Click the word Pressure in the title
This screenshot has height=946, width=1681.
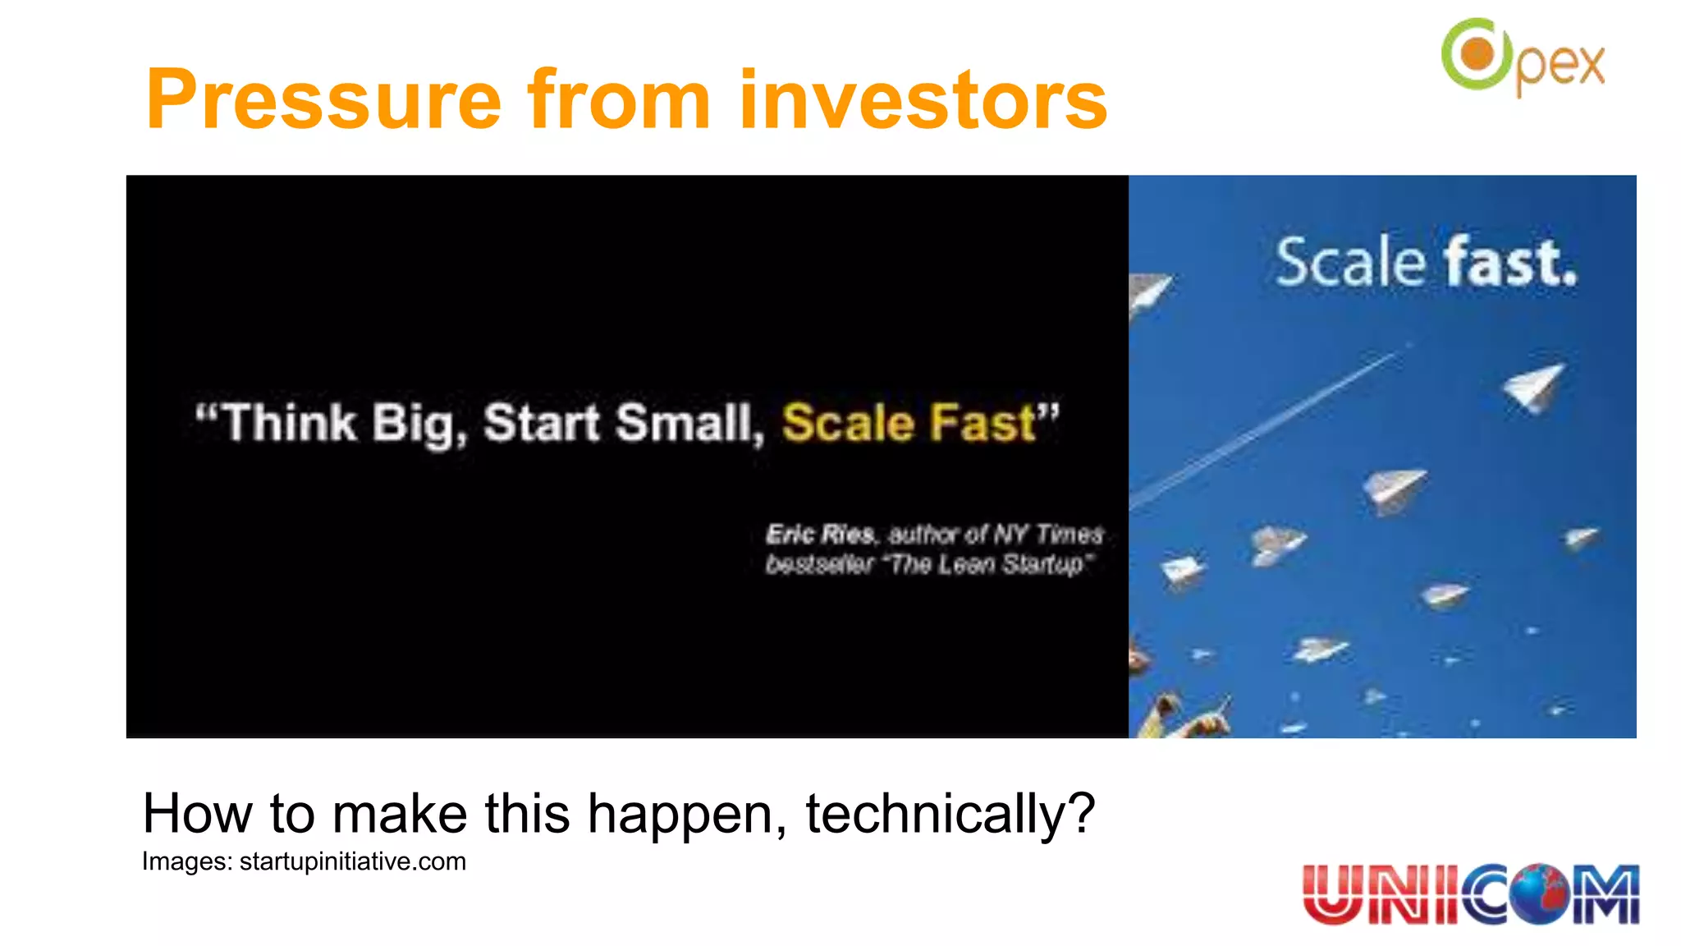tap(323, 100)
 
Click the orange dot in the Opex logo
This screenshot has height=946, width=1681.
tap(1477, 54)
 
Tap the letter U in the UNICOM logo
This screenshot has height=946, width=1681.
tap(1331, 893)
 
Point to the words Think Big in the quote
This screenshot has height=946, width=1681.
tap(337, 424)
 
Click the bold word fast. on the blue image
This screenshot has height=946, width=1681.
tap(1510, 263)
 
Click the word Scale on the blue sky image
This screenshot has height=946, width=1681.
tap(1349, 263)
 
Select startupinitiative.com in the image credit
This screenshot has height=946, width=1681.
tap(352, 861)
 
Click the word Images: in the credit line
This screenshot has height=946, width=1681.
tap(187, 861)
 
